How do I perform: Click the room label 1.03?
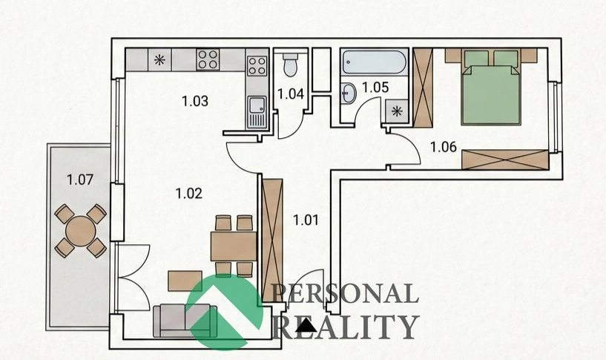point(195,101)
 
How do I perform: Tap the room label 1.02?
point(189,193)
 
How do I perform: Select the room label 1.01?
point(306,220)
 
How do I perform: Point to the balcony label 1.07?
point(80,180)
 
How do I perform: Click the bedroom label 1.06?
point(444,147)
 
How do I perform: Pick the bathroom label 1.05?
point(375,88)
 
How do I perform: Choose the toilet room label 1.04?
point(291,94)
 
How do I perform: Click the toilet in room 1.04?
point(290,64)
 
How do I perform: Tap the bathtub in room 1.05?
point(374,62)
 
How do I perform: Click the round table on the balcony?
point(80,231)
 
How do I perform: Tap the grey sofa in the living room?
point(185,321)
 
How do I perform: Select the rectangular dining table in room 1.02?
point(234,246)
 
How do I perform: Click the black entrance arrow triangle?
point(306,326)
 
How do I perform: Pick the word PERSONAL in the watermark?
point(346,294)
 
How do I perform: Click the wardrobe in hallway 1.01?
point(272,240)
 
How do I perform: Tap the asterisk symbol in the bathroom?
point(397,112)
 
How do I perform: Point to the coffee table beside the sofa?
point(185,281)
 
